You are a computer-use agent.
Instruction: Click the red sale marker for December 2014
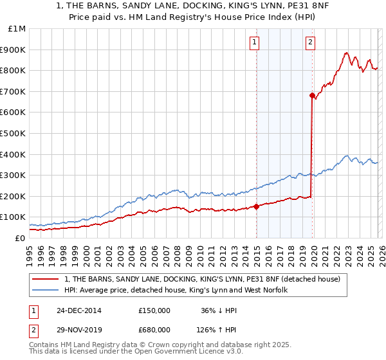256,206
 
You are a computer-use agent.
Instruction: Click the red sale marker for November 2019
312,95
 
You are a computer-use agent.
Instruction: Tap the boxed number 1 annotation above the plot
255,42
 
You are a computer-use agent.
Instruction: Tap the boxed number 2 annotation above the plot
310,42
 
